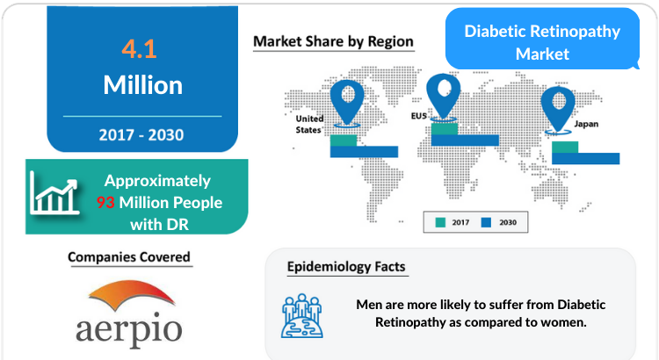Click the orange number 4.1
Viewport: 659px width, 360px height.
pyautogui.click(x=139, y=48)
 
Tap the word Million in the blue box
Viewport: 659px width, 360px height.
pyautogui.click(x=143, y=85)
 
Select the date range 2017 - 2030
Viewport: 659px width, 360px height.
pyautogui.click(x=141, y=135)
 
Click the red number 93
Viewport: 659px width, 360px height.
pyautogui.click(x=105, y=203)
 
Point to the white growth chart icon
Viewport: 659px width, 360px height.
pyautogui.click(x=54, y=194)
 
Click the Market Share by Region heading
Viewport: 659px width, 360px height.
pyautogui.click(x=333, y=41)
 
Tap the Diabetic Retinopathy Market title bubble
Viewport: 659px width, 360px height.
pyautogui.click(x=542, y=39)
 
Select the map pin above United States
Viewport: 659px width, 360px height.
pyautogui.click(x=347, y=102)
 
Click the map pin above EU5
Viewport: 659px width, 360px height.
pyautogui.click(x=444, y=96)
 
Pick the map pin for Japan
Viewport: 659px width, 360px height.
pyautogui.click(x=558, y=109)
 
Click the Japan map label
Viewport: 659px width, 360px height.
pyautogui.click(x=586, y=124)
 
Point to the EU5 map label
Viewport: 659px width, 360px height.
pyautogui.click(x=418, y=116)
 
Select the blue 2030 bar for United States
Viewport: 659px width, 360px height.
pyautogui.click(x=364, y=152)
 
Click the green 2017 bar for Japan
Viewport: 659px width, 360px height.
pyautogui.click(x=565, y=147)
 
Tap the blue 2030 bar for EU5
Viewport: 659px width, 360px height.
pyautogui.click(x=465, y=140)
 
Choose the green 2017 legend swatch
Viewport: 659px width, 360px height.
pyautogui.click(x=440, y=222)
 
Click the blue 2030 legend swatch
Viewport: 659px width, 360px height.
pyautogui.click(x=486, y=222)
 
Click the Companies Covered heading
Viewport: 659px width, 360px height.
pyautogui.click(x=129, y=256)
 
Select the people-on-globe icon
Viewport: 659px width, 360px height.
pyautogui.click(x=302, y=315)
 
